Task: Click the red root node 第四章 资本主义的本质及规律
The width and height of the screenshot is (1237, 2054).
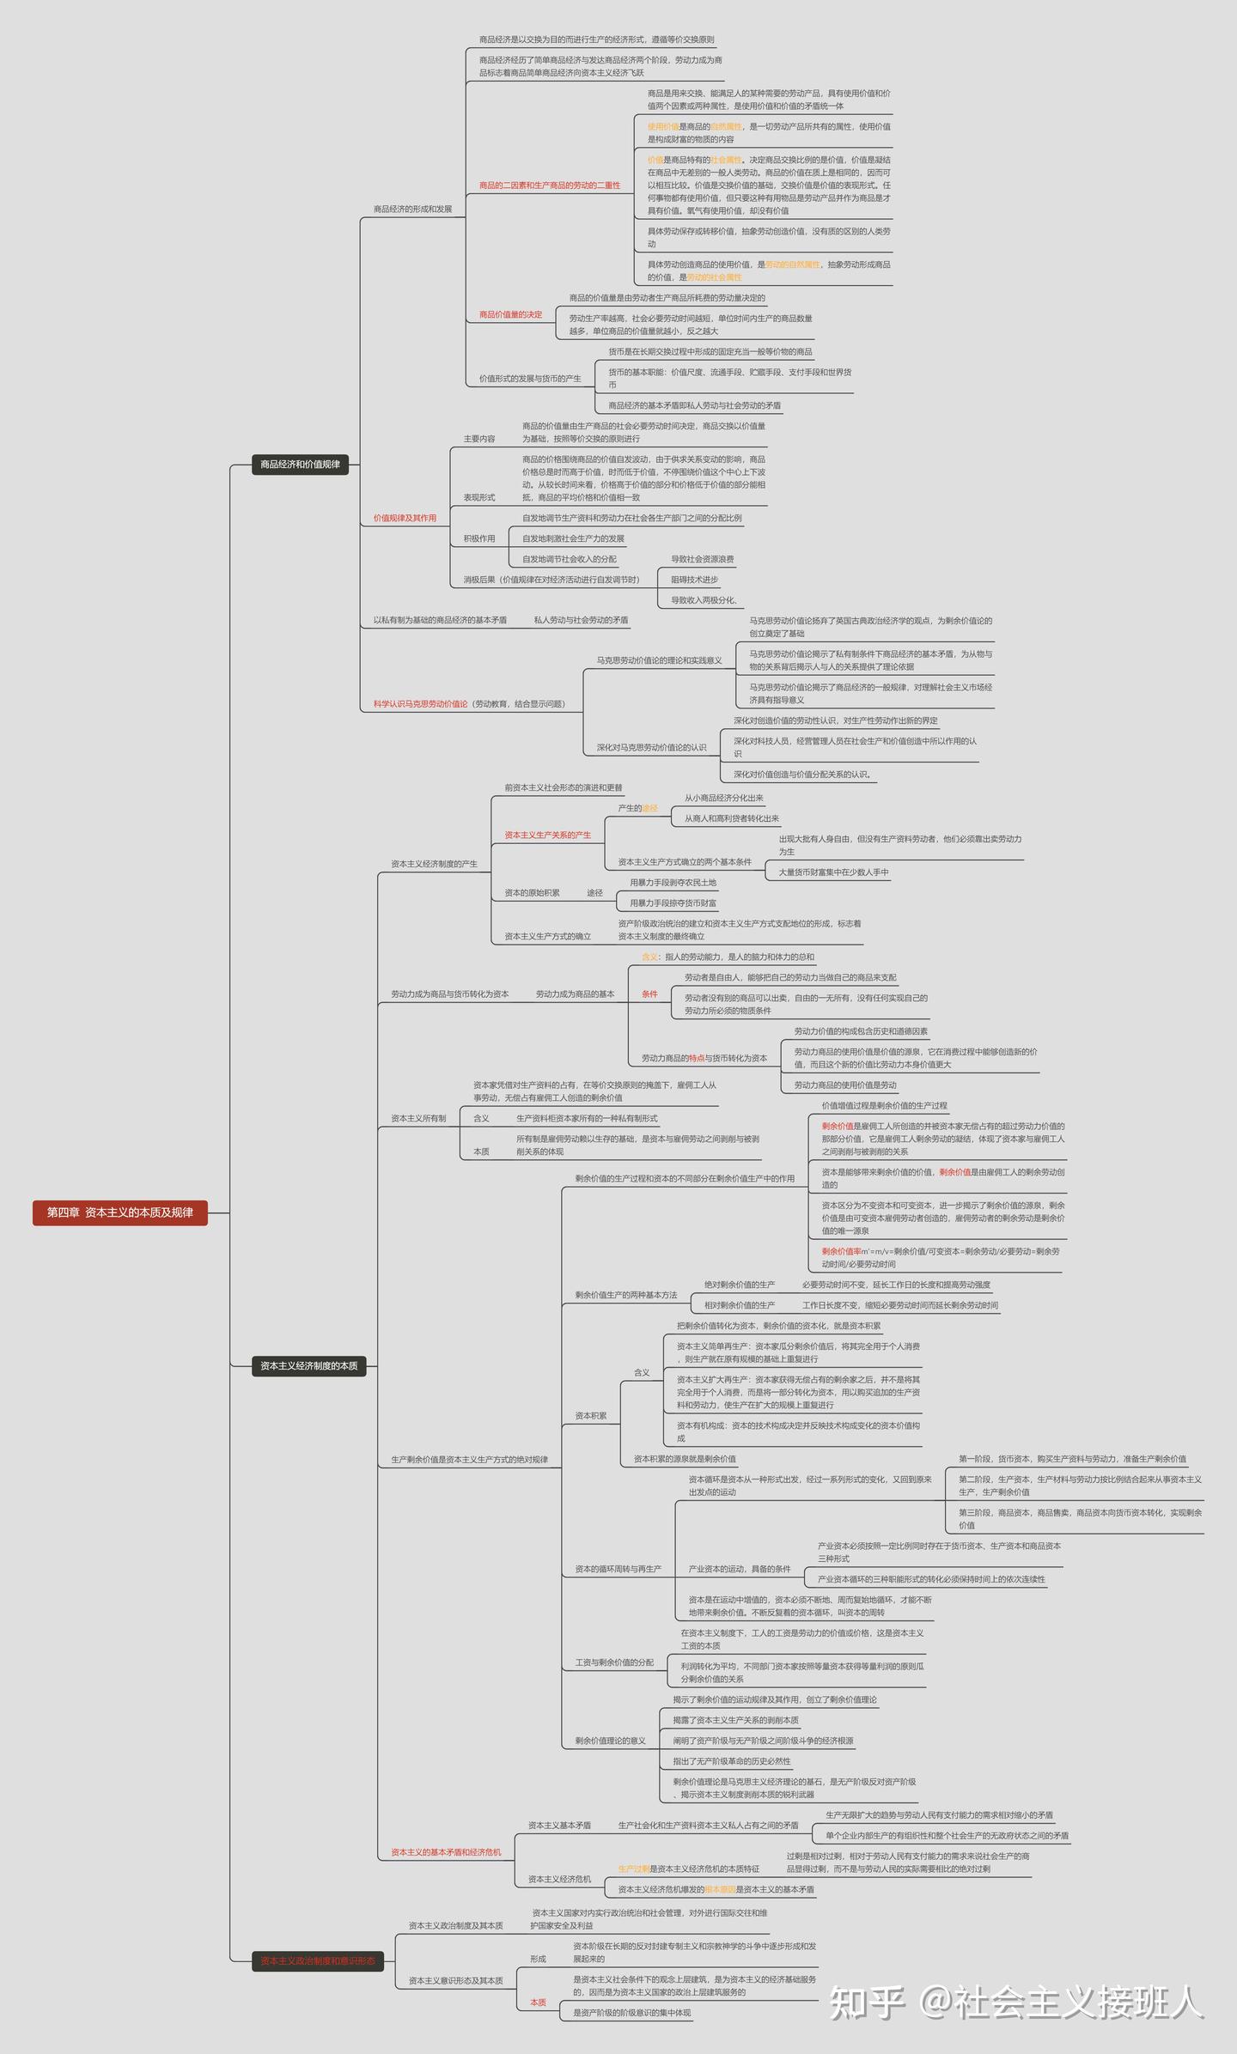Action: pyautogui.click(x=120, y=1212)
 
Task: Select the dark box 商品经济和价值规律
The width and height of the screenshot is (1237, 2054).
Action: pyautogui.click(x=300, y=465)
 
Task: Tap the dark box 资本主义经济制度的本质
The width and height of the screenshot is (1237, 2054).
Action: pyautogui.click(x=308, y=1365)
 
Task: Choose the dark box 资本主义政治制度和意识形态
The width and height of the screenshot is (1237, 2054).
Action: pyautogui.click(x=318, y=1961)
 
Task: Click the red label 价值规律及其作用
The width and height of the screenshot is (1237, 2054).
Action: pyautogui.click(x=405, y=519)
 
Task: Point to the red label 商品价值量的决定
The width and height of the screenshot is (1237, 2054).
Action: pyautogui.click(x=510, y=315)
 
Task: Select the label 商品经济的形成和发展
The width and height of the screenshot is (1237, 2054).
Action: pyautogui.click(x=412, y=210)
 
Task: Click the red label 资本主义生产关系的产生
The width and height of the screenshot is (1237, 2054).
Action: pyautogui.click(x=547, y=836)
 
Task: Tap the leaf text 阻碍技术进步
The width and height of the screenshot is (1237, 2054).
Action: pyautogui.click(x=694, y=580)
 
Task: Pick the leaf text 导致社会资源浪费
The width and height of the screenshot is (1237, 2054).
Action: pyautogui.click(x=702, y=560)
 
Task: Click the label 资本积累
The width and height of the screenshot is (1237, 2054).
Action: pyautogui.click(x=590, y=1416)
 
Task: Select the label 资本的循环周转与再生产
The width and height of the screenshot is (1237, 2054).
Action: pyautogui.click(x=618, y=1569)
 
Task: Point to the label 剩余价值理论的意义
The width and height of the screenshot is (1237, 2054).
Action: pyautogui.click(x=610, y=1741)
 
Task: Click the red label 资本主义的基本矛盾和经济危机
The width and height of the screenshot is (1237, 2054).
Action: pyautogui.click(x=446, y=1852)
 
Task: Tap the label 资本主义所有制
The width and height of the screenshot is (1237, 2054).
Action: pyautogui.click(x=418, y=1119)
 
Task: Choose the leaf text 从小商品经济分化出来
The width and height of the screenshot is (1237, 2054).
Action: pyautogui.click(x=723, y=799)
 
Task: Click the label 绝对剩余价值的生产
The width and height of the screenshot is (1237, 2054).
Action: pyautogui.click(x=739, y=1285)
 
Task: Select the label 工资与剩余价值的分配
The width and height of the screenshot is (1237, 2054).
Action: pyautogui.click(x=613, y=1662)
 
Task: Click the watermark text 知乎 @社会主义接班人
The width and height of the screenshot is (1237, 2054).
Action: pyautogui.click(x=1015, y=2002)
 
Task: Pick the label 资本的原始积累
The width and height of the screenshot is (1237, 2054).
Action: pyautogui.click(x=532, y=893)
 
